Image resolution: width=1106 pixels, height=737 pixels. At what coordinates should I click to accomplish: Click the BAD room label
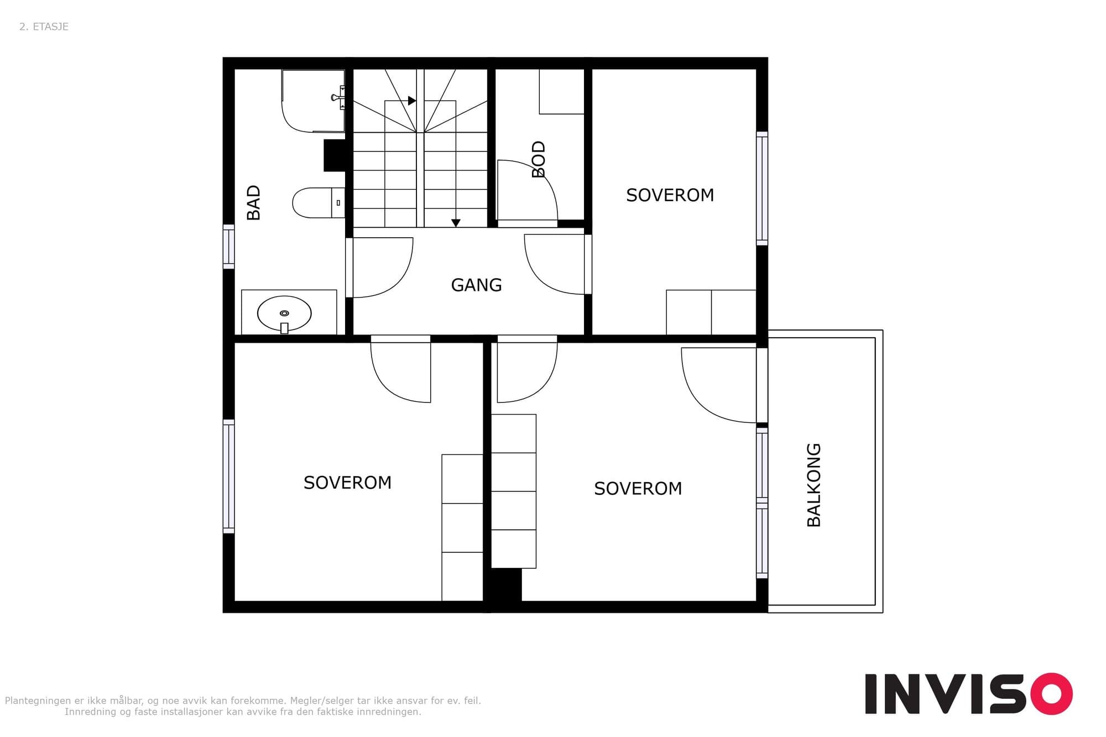click(x=253, y=203)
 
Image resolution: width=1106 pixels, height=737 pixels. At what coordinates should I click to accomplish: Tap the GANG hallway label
click(x=476, y=285)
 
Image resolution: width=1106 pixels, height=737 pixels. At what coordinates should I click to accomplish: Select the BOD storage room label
click(x=538, y=159)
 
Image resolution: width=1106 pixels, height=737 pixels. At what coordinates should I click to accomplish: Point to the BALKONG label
click(x=813, y=485)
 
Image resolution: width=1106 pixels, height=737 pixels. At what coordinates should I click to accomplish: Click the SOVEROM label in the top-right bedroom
click(x=670, y=195)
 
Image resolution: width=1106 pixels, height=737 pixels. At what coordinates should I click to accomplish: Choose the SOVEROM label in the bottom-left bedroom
click(x=347, y=483)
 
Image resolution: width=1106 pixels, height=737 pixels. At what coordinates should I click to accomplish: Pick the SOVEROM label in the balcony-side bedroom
click(x=638, y=489)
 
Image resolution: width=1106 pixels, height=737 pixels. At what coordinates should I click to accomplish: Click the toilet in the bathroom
click(x=319, y=203)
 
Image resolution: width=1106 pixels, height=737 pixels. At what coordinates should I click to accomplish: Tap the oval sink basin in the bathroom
click(x=284, y=313)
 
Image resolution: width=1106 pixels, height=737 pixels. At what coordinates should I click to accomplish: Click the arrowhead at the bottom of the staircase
click(x=456, y=223)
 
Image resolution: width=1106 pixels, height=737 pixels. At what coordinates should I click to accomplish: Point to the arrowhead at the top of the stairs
click(x=412, y=101)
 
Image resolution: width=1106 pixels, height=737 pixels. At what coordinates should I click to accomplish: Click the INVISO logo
click(x=969, y=693)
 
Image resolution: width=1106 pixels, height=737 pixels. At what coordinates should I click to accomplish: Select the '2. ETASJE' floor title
click(x=44, y=27)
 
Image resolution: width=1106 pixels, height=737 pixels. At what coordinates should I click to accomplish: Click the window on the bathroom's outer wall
click(x=228, y=247)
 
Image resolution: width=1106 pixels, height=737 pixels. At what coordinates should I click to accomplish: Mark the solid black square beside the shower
click(x=335, y=155)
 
